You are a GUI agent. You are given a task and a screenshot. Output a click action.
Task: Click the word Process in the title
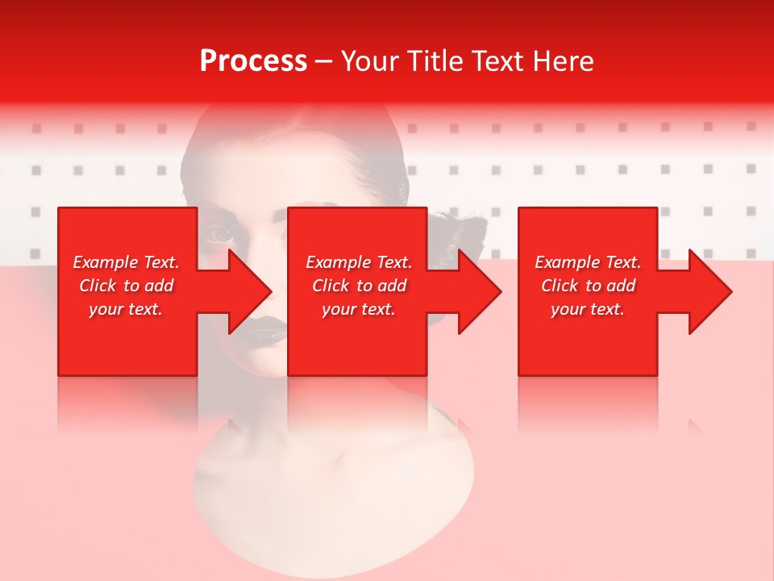click(253, 61)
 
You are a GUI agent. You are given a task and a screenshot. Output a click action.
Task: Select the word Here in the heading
click(562, 61)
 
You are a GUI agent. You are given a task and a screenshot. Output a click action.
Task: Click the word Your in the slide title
click(370, 61)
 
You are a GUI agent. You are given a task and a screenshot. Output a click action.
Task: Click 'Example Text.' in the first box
click(127, 262)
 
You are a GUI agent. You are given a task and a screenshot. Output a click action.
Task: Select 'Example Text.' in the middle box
click(359, 262)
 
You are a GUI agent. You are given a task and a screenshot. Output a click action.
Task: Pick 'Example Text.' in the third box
click(588, 262)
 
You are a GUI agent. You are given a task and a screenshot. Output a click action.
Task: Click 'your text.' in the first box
click(126, 309)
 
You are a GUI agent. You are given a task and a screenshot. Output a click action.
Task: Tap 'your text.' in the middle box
click(359, 309)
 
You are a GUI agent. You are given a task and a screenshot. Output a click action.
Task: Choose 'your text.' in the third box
click(588, 309)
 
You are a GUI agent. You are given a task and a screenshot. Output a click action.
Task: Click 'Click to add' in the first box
click(127, 286)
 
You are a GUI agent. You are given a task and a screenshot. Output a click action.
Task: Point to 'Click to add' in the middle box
click(359, 286)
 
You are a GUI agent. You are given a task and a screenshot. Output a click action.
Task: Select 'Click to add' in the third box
click(588, 286)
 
